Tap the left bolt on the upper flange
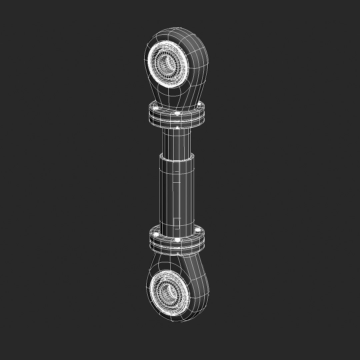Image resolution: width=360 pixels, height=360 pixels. [155, 109]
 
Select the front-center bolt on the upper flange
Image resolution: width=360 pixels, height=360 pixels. [177, 114]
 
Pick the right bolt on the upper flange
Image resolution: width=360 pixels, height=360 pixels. [199, 105]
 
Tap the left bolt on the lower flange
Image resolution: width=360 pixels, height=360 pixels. [155, 235]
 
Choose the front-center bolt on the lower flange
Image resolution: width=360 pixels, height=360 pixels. [177, 240]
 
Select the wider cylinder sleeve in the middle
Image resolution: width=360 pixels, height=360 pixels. [177, 193]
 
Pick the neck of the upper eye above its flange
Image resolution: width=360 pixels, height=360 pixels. [177, 97]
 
